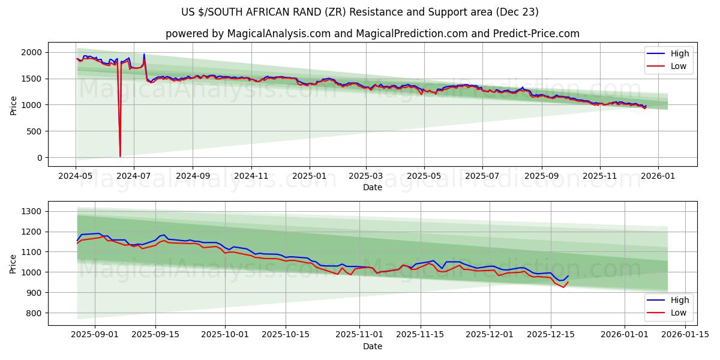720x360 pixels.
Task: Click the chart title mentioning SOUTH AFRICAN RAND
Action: coord(360,12)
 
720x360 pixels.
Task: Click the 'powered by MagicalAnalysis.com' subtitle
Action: coord(372,34)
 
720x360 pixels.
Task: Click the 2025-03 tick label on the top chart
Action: coord(366,176)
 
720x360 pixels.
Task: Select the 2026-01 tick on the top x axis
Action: coord(658,176)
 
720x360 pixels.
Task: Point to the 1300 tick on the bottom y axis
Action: coord(31,211)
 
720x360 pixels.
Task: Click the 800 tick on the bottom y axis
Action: coord(33,313)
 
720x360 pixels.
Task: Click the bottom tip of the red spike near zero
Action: coord(120,157)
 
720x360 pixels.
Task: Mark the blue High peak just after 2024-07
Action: coord(144,55)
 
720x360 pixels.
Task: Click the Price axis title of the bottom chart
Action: coord(13,263)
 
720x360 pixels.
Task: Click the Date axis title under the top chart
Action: coord(372,187)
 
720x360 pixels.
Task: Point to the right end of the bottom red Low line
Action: coord(568,282)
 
